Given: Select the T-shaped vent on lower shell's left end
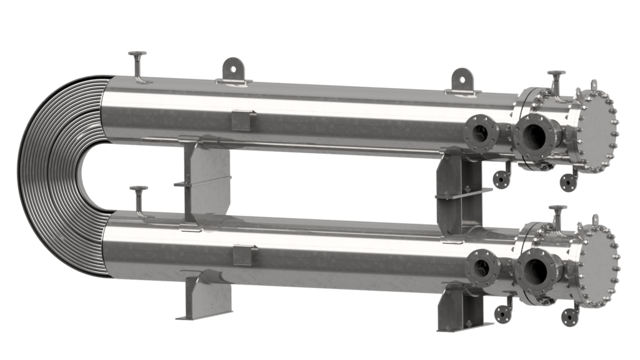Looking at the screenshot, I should [138, 197].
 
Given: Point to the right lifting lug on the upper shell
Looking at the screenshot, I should [462, 79].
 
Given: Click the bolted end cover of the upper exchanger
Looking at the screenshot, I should [597, 131].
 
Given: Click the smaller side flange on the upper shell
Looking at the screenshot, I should [481, 132].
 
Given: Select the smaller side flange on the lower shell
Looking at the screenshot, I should [483, 267].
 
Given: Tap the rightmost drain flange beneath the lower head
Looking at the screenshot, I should [569, 316].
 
